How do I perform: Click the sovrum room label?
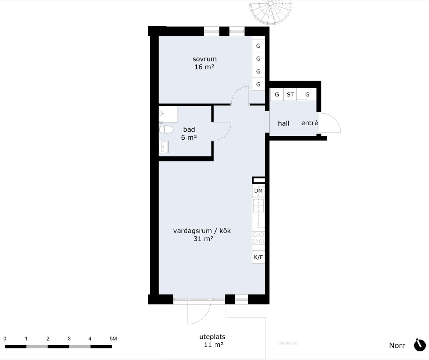204,59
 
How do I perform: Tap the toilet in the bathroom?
166,129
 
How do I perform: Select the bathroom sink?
164,147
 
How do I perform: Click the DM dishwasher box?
258,191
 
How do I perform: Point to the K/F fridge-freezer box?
258,257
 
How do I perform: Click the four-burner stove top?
258,238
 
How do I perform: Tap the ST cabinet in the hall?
290,95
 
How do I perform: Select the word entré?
310,123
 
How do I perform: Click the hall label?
283,123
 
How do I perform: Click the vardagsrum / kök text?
202,231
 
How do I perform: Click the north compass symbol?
420,345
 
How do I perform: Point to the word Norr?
397,345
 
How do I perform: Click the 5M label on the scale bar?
113,339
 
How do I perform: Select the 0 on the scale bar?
5,339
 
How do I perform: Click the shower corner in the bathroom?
168,114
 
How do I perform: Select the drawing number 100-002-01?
288,343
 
